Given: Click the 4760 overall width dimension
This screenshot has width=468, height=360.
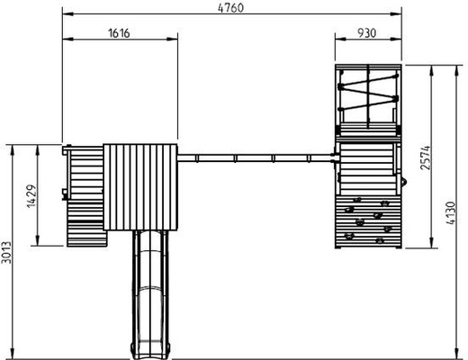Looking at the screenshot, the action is pyautogui.click(x=230, y=7).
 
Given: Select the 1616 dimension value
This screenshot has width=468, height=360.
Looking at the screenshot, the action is pyautogui.click(x=119, y=33).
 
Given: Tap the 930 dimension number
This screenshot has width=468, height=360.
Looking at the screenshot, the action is pyautogui.click(x=366, y=33).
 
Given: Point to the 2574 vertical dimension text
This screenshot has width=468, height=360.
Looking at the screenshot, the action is pyautogui.click(x=426, y=158).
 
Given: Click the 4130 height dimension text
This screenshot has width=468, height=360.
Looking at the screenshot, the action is pyautogui.click(x=451, y=213).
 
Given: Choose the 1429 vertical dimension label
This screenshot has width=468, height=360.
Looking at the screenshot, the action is pyautogui.click(x=32, y=196).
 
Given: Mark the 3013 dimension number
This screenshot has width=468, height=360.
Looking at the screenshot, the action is pyautogui.click(x=6, y=252).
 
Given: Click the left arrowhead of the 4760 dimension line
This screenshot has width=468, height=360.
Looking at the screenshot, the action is pyautogui.click(x=67, y=13).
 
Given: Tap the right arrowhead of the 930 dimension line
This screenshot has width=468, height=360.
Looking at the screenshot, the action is pyautogui.click(x=396, y=39).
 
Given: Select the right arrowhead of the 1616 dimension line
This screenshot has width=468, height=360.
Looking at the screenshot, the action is pyautogui.click(x=172, y=39).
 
